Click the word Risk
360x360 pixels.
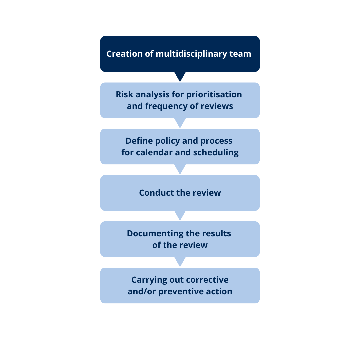coord(124,94)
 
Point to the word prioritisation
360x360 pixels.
coord(214,94)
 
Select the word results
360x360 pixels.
coord(216,233)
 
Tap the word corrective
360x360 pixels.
coord(207,280)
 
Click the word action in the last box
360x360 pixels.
coord(219,291)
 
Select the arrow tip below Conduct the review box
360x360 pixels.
coord(180,215)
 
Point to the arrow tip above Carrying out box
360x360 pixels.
coord(180,262)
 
